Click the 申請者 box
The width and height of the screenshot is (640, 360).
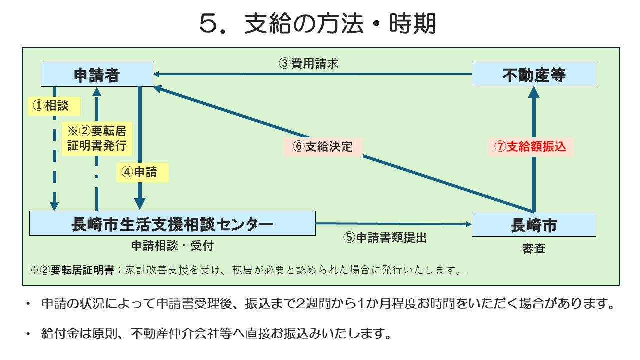point(97,74)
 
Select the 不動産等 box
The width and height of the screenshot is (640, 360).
point(534,74)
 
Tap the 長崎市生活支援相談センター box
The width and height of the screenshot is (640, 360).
point(172,223)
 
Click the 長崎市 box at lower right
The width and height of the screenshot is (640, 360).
point(534,224)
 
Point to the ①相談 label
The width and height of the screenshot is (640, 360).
point(50,105)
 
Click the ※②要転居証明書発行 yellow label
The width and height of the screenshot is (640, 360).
point(97,138)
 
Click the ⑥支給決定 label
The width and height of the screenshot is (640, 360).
point(322,146)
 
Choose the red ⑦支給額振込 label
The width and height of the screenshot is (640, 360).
point(530,146)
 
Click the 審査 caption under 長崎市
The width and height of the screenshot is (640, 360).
point(534,248)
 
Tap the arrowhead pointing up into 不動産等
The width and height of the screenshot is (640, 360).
point(534,91)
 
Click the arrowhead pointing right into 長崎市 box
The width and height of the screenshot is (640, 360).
point(467,224)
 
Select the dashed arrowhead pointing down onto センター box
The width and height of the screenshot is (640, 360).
point(54,206)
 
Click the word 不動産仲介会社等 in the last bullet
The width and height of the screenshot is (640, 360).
point(177,334)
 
